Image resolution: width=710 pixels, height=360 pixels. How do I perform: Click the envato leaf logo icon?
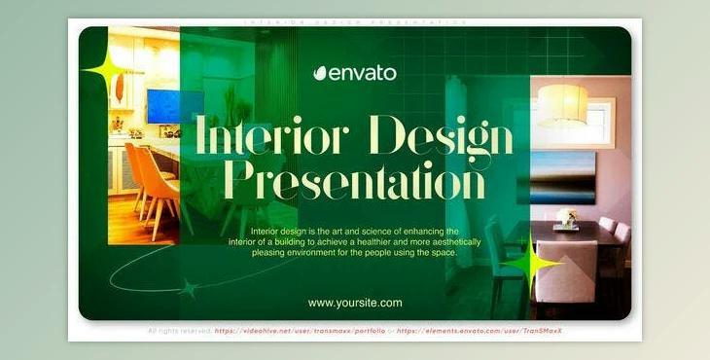tap(320, 72)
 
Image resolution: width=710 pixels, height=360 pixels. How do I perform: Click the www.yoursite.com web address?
tap(355, 303)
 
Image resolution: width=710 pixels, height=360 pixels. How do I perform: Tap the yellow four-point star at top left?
tap(102, 72)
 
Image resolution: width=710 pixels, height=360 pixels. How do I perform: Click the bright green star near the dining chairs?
tap(531, 265)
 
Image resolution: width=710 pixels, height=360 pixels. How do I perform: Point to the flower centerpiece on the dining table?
tap(566, 217)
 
